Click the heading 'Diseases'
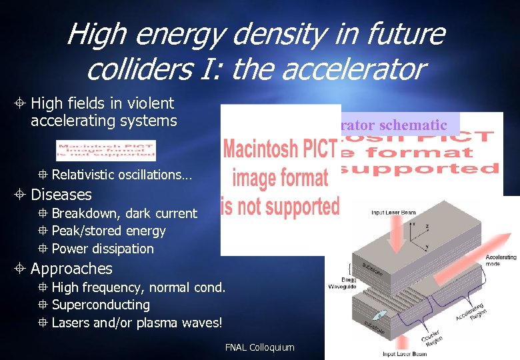click(61, 195)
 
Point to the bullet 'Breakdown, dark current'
click(124, 213)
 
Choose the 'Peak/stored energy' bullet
click(109, 231)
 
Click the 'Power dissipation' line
click(103, 249)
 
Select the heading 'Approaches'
click(71, 269)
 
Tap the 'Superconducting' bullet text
click(101, 305)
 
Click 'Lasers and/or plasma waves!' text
click(137, 323)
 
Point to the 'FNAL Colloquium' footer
click(259, 347)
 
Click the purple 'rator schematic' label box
click(399, 124)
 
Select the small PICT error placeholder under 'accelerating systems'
click(106, 151)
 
